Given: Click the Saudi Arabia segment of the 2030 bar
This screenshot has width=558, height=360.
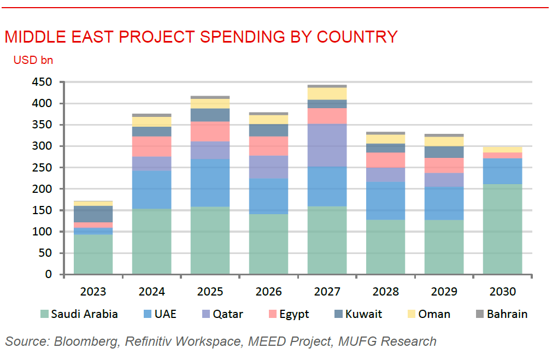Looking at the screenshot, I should [x=502, y=229].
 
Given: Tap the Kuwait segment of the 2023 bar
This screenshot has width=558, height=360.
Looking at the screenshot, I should [x=93, y=214].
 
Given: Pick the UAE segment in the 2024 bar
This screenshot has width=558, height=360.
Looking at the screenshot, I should [x=151, y=190].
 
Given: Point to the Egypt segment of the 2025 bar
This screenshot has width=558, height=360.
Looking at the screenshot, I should [x=210, y=131].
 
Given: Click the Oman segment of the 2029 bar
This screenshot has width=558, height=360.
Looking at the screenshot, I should [x=444, y=141].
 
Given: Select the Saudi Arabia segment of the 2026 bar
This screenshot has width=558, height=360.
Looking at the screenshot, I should [x=268, y=244].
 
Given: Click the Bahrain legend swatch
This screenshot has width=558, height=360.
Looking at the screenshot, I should [x=480, y=314].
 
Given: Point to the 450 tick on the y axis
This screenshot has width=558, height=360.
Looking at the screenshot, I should [x=41, y=82].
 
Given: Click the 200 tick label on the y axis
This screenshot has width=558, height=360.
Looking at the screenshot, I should [x=41, y=189].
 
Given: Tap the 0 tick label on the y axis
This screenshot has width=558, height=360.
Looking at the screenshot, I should [x=48, y=274].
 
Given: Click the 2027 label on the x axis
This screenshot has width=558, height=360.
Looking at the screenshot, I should [x=327, y=291].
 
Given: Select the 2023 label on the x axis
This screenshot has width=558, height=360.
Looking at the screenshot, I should [x=93, y=291].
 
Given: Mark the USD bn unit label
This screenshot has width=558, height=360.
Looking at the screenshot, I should [x=33, y=60].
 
